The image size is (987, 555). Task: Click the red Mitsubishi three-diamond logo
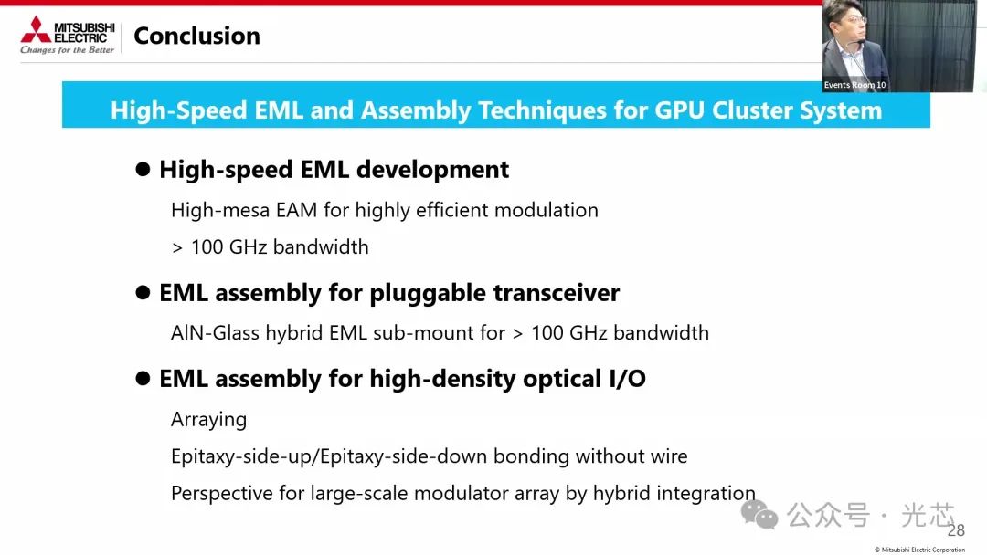tap(36, 29)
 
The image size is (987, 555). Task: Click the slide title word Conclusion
tap(197, 36)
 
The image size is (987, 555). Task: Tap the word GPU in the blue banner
tap(680, 110)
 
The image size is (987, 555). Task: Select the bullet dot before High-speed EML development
tap(143, 169)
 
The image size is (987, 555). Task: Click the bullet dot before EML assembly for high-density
tap(143, 379)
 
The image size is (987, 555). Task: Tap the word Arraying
tap(209, 420)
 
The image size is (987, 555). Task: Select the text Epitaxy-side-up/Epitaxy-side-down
tap(329, 456)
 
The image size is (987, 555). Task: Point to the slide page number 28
tap(956, 530)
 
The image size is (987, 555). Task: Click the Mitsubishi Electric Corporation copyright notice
tap(919, 550)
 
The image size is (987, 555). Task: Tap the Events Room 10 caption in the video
tap(854, 85)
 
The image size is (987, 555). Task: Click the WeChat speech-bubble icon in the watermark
tap(759, 515)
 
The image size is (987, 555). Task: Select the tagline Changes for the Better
tap(68, 49)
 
